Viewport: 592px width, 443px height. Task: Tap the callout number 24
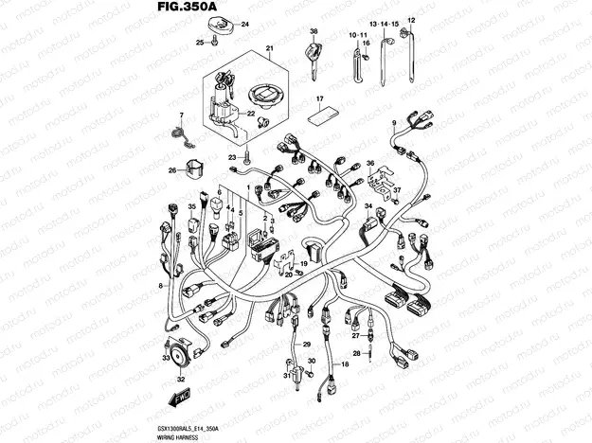[244, 24]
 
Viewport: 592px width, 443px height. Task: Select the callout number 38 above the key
[312, 33]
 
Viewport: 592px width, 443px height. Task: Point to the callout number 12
[411, 20]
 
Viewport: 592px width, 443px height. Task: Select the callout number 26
[172, 171]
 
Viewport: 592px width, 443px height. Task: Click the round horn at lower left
[175, 348]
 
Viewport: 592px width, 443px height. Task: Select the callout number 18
[345, 363]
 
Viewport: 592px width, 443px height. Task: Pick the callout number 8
[161, 285]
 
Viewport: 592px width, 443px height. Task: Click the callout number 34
[368, 206]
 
